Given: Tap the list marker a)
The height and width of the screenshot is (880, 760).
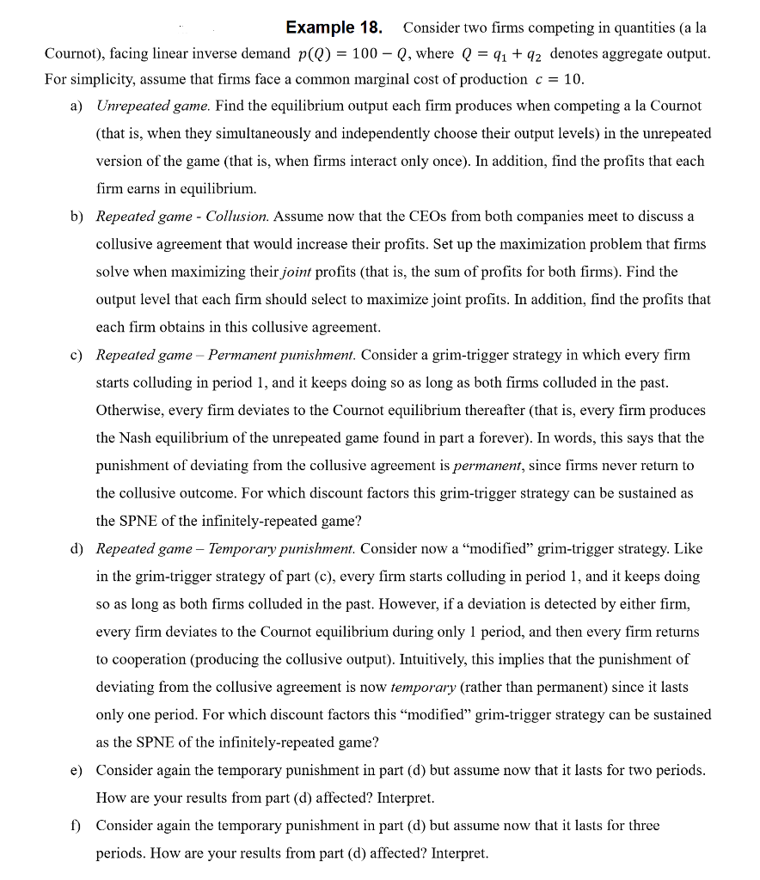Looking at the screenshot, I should click(x=77, y=106).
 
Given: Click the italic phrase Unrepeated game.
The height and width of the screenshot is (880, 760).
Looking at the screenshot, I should click(x=153, y=106).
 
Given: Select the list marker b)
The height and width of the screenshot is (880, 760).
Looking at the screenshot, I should click(x=77, y=217).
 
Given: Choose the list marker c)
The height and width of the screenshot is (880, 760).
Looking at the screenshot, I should click(x=77, y=355).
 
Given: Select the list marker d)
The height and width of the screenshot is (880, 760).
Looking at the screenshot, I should click(x=77, y=548).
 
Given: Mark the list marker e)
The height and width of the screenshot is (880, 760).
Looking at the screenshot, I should click(x=77, y=770).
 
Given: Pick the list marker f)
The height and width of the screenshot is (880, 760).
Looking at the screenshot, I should click(x=77, y=826).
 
